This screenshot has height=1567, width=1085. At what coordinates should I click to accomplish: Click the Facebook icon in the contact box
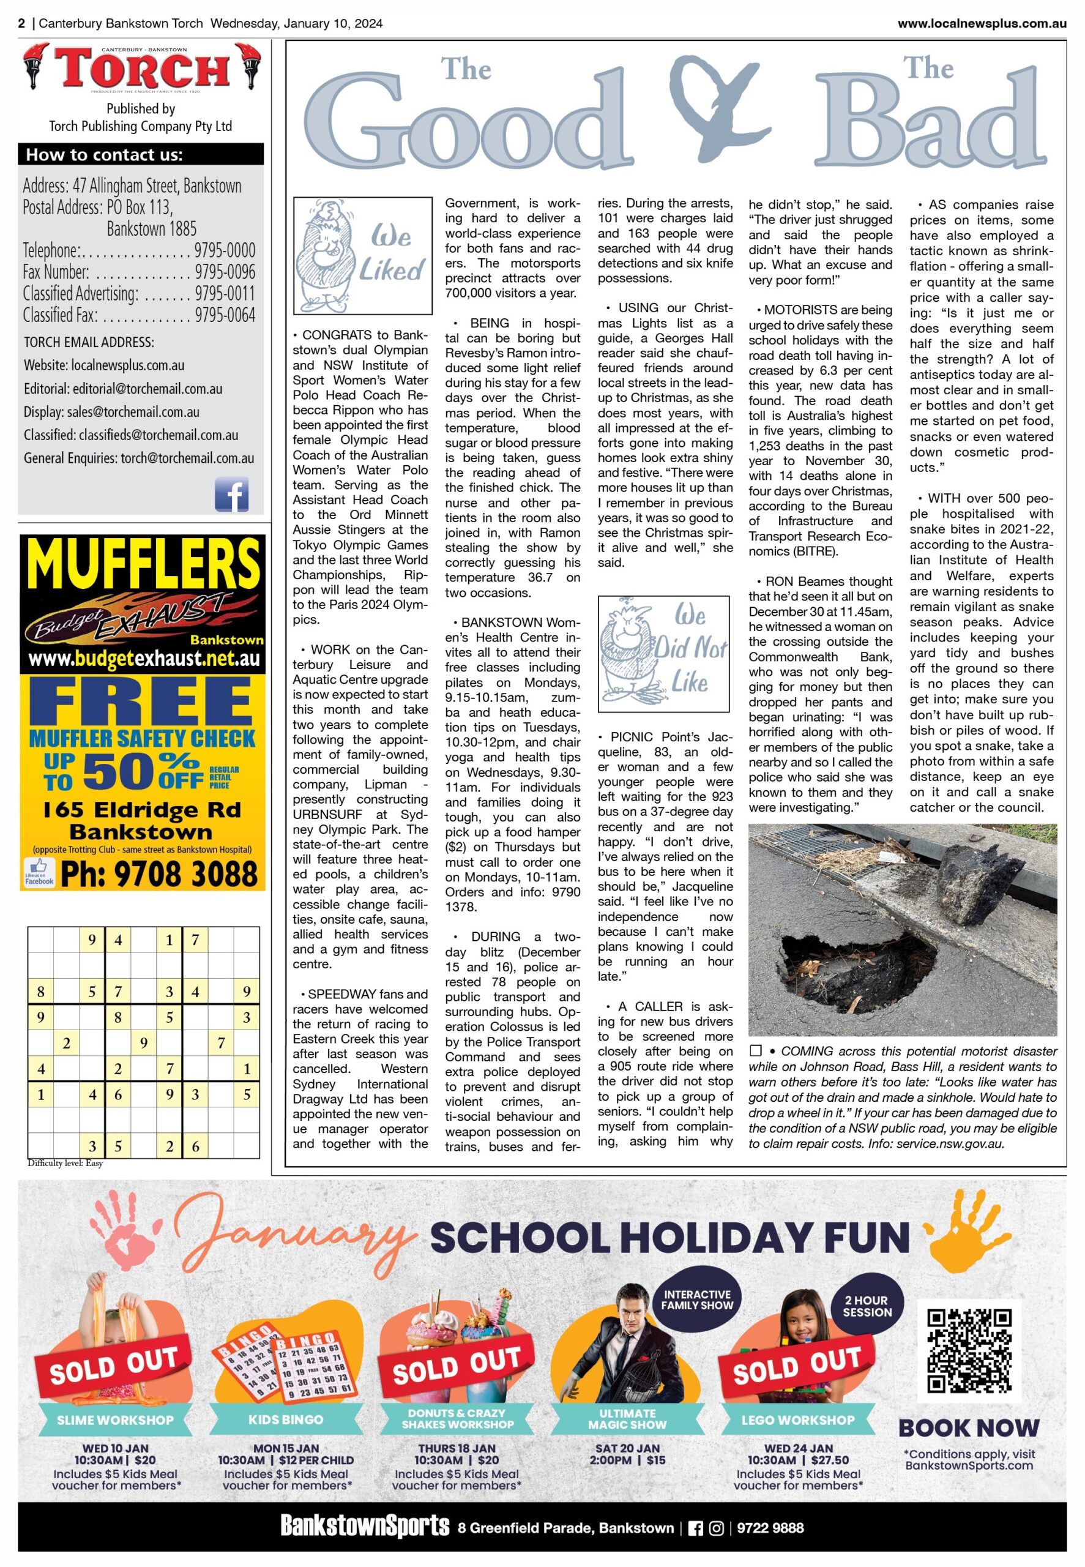(231, 493)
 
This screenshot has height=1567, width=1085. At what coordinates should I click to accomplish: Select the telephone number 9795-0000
(225, 250)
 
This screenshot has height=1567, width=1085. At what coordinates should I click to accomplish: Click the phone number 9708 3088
(159, 873)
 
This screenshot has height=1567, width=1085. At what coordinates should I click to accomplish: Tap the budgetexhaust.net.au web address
(144, 659)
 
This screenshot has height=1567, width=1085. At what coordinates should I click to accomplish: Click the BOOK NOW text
(969, 1427)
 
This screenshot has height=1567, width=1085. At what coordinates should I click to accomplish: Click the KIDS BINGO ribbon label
(286, 1419)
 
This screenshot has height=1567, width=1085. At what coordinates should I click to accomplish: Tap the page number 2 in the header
(22, 24)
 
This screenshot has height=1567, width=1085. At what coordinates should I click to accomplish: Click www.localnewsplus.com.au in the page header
(982, 24)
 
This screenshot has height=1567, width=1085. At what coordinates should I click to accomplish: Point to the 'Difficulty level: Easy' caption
(65, 1163)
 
